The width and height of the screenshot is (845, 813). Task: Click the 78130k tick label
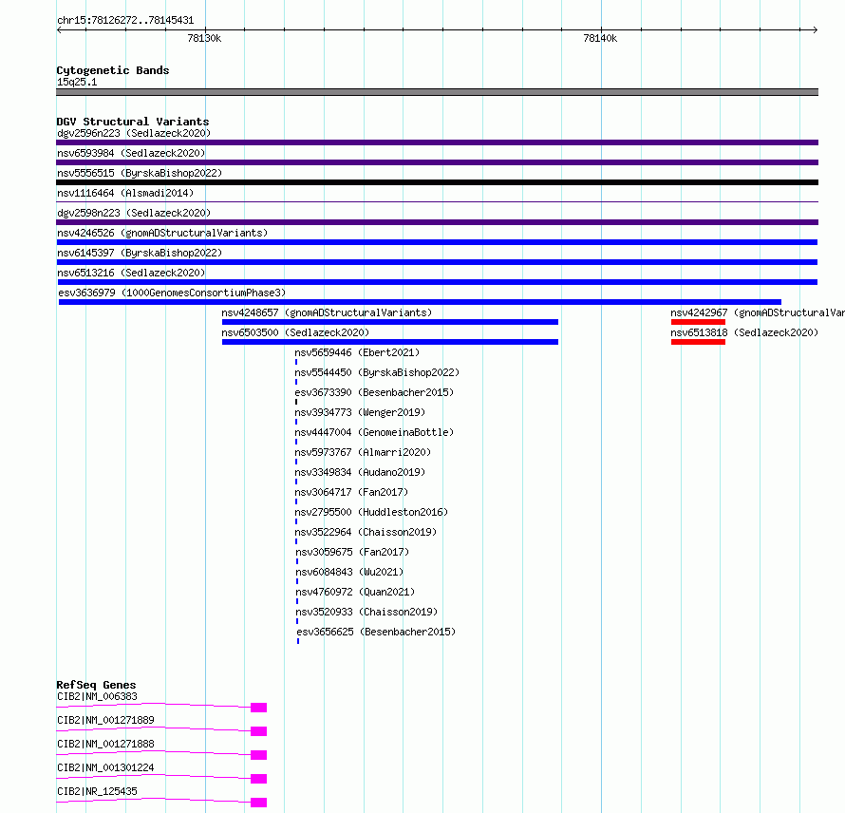pyautogui.click(x=204, y=38)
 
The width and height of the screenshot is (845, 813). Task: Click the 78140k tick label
pyautogui.click(x=600, y=38)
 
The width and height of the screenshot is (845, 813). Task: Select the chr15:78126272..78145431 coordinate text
pyautogui.click(x=125, y=21)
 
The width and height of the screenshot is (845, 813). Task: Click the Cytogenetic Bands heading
pyautogui.click(x=113, y=70)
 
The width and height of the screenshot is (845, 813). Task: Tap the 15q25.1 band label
pyautogui.click(x=77, y=82)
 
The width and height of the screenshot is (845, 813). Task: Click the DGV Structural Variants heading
pyautogui.click(x=133, y=122)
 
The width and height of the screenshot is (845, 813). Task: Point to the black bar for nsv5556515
pyautogui.click(x=437, y=182)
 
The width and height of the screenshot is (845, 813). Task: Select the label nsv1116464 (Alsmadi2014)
pyautogui.click(x=125, y=193)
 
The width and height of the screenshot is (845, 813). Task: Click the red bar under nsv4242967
pyautogui.click(x=698, y=322)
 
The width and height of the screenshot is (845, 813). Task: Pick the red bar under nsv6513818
pyautogui.click(x=698, y=342)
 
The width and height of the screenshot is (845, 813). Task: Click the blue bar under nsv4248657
pyautogui.click(x=390, y=322)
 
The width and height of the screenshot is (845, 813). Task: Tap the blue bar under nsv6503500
pyautogui.click(x=390, y=342)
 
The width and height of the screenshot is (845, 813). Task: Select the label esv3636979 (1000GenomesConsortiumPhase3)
pyautogui.click(x=172, y=293)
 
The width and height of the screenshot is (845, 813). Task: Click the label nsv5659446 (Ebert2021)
pyautogui.click(x=357, y=352)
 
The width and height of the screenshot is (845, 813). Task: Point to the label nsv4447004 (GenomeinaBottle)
pyautogui.click(x=374, y=432)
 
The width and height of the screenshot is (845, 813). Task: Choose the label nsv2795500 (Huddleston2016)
pyautogui.click(x=372, y=512)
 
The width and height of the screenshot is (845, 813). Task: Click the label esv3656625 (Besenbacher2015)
pyautogui.click(x=376, y=632)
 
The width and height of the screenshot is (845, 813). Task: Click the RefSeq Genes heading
pyautogui.click(x=97, y=685)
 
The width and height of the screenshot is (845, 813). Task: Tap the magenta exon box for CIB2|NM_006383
pyautogui.click(x=258, y=708)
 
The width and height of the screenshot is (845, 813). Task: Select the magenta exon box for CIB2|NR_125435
pyautogui.click(x=258, y=803)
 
